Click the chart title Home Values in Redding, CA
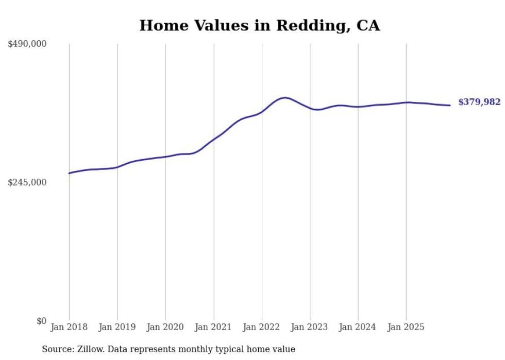[x=260, y=26]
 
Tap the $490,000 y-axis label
[x=27, y=44]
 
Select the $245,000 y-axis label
[x=27, y=183]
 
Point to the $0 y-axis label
[x=41, y=321]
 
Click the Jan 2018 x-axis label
[x=69, y=328]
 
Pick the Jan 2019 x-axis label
[x=117, y=328]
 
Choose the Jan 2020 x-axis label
[x=165, y=328]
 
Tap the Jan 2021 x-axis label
[x=213, y=328]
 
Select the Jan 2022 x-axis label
[x=262, y=328]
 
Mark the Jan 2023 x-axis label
[x=310, y=328]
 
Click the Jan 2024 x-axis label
[x=358, y=328]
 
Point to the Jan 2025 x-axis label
[x=406, y=328]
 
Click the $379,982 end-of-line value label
[x=479, y=102]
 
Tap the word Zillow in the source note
[x=91, y=350]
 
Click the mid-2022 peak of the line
[x=284, y=97]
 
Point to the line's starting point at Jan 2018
[x=69, y=173]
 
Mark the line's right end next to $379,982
[x=450, y=106]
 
